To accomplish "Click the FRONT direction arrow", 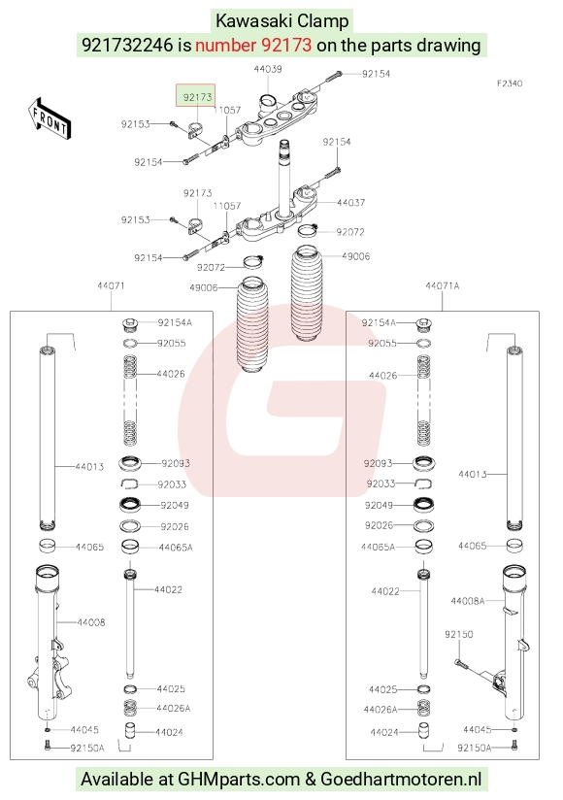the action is click(x=49, y=117).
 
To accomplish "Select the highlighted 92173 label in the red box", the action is click(x=197, y=97).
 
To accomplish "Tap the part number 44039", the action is click(x=268, y=69).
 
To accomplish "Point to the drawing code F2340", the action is click(x=510, y=83).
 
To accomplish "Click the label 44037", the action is click(x=350, y=203).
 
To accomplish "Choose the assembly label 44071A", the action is click(x=442, y=285).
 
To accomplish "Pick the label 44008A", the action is click(x=468, y=601).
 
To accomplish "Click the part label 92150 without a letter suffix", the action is click(x=459, y=634).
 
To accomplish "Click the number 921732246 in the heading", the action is click(x=127, y=45).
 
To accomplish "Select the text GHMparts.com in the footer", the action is click(x=239, y=780).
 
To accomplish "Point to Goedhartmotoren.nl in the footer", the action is click(x=401, y=779).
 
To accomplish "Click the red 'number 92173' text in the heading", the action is click(x=253, y=45).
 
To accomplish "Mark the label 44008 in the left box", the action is click(x=91, y=622).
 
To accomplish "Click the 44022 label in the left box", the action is click(x=168, y=589).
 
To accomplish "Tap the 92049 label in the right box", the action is click(x=379, y=505).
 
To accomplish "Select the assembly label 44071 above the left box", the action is click(x=112, y=285).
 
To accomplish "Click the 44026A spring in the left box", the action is click(x=131, y=708).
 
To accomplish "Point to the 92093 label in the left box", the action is click(x=176, y=463).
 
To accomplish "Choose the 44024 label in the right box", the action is click(x=384, y=733).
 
